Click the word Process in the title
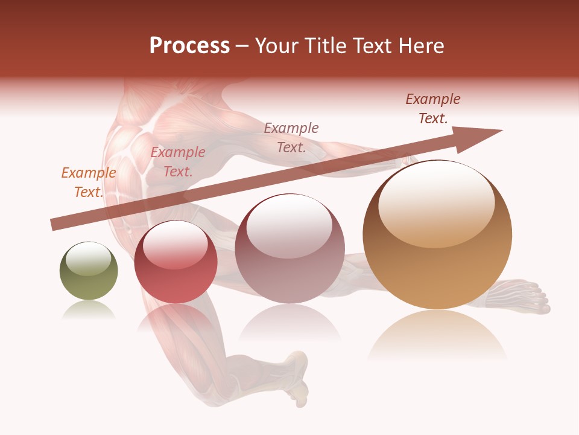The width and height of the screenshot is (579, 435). click(189, 46)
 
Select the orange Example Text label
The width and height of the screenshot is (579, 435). click(89, 182)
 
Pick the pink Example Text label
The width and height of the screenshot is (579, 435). click(178, 162)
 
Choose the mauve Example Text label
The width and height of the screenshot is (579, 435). click(291, 137)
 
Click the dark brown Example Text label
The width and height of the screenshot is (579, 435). click(433, 109)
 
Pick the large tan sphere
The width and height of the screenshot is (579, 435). click(437, 266)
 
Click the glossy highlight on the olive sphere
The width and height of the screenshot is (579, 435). click(89, 259)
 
